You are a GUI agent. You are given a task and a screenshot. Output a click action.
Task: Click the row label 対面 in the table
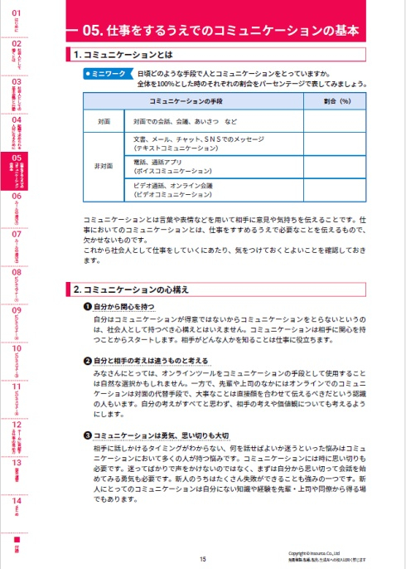104,120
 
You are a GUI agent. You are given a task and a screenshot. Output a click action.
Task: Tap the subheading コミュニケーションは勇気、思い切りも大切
166,435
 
